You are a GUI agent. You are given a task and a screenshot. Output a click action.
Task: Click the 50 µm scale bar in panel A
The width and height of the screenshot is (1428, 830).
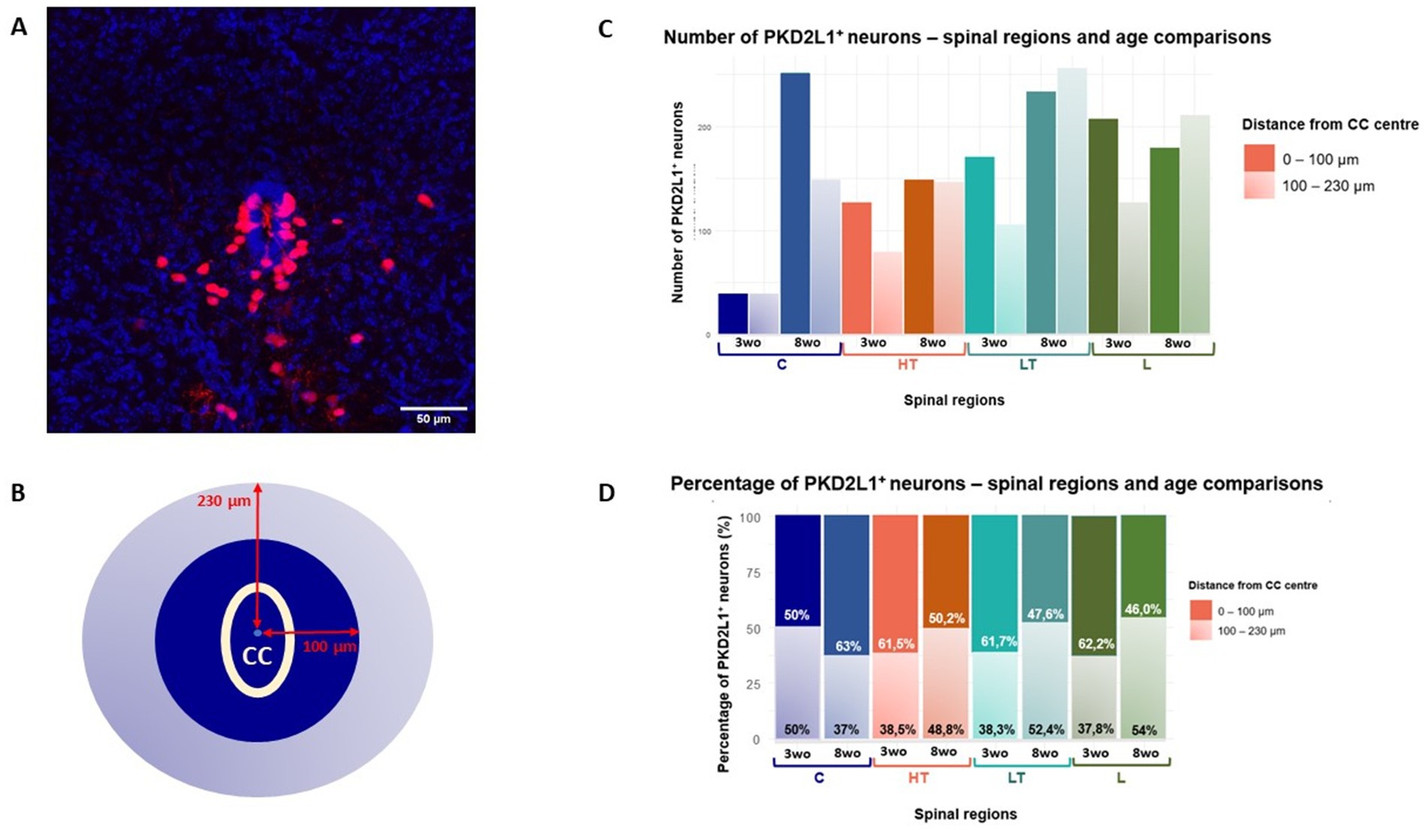tap(433, 409)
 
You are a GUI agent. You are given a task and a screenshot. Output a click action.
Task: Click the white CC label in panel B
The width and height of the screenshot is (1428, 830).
tap(257, 656)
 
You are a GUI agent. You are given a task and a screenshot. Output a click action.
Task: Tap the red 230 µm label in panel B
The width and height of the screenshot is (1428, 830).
tap(224, 500)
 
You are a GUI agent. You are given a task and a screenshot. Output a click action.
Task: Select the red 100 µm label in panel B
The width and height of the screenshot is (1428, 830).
tap(329, 646)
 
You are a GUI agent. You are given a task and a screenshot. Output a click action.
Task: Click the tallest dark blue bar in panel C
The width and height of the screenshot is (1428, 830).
tap(795, 203)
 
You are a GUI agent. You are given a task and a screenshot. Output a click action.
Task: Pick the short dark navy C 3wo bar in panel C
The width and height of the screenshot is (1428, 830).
tap(733, 314)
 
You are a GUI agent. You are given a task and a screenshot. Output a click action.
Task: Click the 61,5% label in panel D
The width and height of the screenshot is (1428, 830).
tap(896, 644)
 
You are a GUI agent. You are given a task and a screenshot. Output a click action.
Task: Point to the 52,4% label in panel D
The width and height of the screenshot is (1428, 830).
tap(1044, 729)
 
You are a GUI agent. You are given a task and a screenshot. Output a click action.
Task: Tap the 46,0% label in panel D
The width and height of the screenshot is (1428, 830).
tap(1143, 609)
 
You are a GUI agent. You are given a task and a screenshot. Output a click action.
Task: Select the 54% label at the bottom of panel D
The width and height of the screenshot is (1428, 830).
tap(1143, 730)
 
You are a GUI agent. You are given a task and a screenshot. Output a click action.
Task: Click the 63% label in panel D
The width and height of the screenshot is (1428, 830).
tap(848, 646)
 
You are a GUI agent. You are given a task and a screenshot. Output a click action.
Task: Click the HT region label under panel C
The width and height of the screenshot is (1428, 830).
tap(907, 365)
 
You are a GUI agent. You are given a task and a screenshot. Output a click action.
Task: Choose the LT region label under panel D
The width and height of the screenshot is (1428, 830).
tap(1016, 778)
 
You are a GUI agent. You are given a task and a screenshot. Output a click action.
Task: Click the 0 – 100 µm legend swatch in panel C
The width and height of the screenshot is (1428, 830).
tap(1259, 158)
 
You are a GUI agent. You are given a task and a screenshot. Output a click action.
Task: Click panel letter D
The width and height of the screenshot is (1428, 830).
tap(605, 493)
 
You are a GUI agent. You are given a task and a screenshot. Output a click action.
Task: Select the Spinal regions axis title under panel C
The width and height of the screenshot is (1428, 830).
tap(954, 400)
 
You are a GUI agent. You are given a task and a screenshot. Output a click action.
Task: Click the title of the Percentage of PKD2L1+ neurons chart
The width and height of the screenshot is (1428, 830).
tap(996, 484)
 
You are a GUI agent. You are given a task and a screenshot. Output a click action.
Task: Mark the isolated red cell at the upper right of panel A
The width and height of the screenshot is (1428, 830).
tap(425, 200)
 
